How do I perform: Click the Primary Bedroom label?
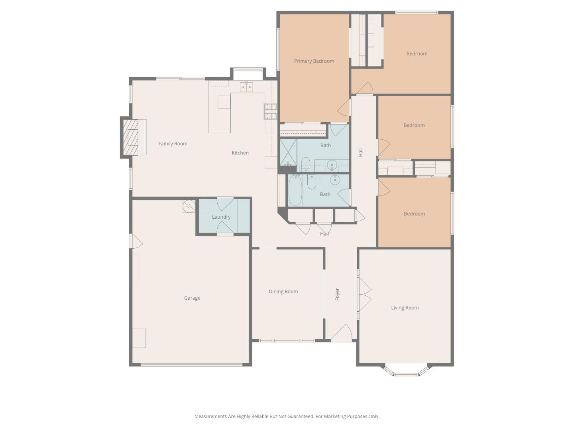point(314,61)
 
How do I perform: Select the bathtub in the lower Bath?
point(295,190)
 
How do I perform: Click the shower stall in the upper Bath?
point(288,152)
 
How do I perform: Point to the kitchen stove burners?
point(270,111)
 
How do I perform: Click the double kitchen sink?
point(246,87)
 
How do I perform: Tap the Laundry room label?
point(221,217)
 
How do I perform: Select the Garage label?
point(192,298)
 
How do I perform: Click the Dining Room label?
point(283,291)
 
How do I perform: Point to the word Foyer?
point(337,294)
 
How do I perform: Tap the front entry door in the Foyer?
point(342,333)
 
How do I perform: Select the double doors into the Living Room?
point(364,295)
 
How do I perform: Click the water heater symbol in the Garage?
point(189,206)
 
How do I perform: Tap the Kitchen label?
point(240,153)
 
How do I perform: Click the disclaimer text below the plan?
point(287,416)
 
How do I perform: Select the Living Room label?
point(405,308)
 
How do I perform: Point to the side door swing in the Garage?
point(136,241)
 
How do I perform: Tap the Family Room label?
point(173,144)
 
